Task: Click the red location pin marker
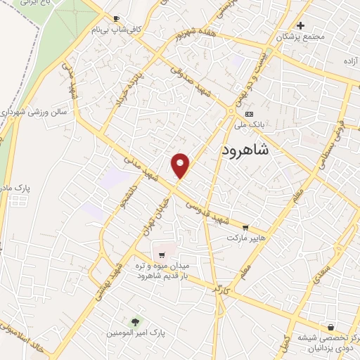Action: pos(181,165)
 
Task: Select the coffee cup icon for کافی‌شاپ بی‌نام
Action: pos(116,18)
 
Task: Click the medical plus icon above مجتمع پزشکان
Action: pos(300,25)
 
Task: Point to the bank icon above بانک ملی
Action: pos(248,114)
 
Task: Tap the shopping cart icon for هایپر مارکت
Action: pos(245,227)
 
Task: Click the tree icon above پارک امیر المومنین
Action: pos(134,320)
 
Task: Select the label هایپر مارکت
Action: pos(246,238)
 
